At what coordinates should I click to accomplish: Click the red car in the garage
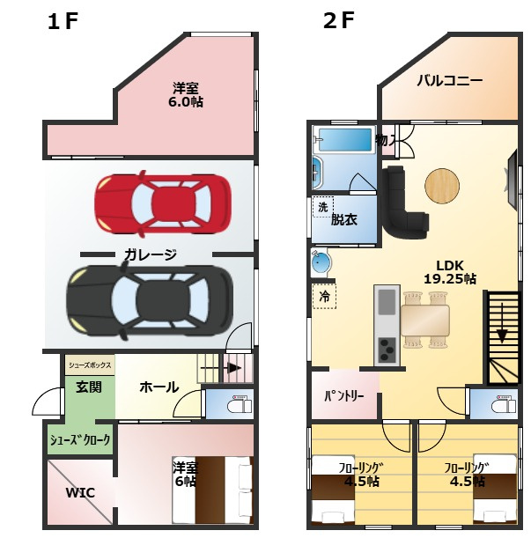[163, 203]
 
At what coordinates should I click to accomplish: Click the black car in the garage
[150, 300]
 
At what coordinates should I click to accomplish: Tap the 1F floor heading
[63, 21]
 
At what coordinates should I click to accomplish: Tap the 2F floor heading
[338, 20]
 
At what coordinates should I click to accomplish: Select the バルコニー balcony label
[450, 81]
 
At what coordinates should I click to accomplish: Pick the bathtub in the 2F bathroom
[345, 139]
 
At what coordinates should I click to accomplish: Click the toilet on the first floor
[240, 404]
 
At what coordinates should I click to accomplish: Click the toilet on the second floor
[504, 404]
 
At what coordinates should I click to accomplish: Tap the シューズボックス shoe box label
[90, 365]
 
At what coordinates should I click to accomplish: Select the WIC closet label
[80, 493]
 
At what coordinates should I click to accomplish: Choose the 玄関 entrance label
[89, 387]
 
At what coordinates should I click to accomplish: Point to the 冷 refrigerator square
[324, 296]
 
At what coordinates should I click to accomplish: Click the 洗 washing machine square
[323, 207]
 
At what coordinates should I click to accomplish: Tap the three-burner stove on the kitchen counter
[387, 350]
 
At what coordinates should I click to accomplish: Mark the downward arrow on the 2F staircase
[502, 322]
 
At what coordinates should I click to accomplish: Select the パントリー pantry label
[344, 396]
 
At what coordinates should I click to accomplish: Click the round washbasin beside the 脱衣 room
[321, 262]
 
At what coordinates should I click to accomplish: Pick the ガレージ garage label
[151, 254]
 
